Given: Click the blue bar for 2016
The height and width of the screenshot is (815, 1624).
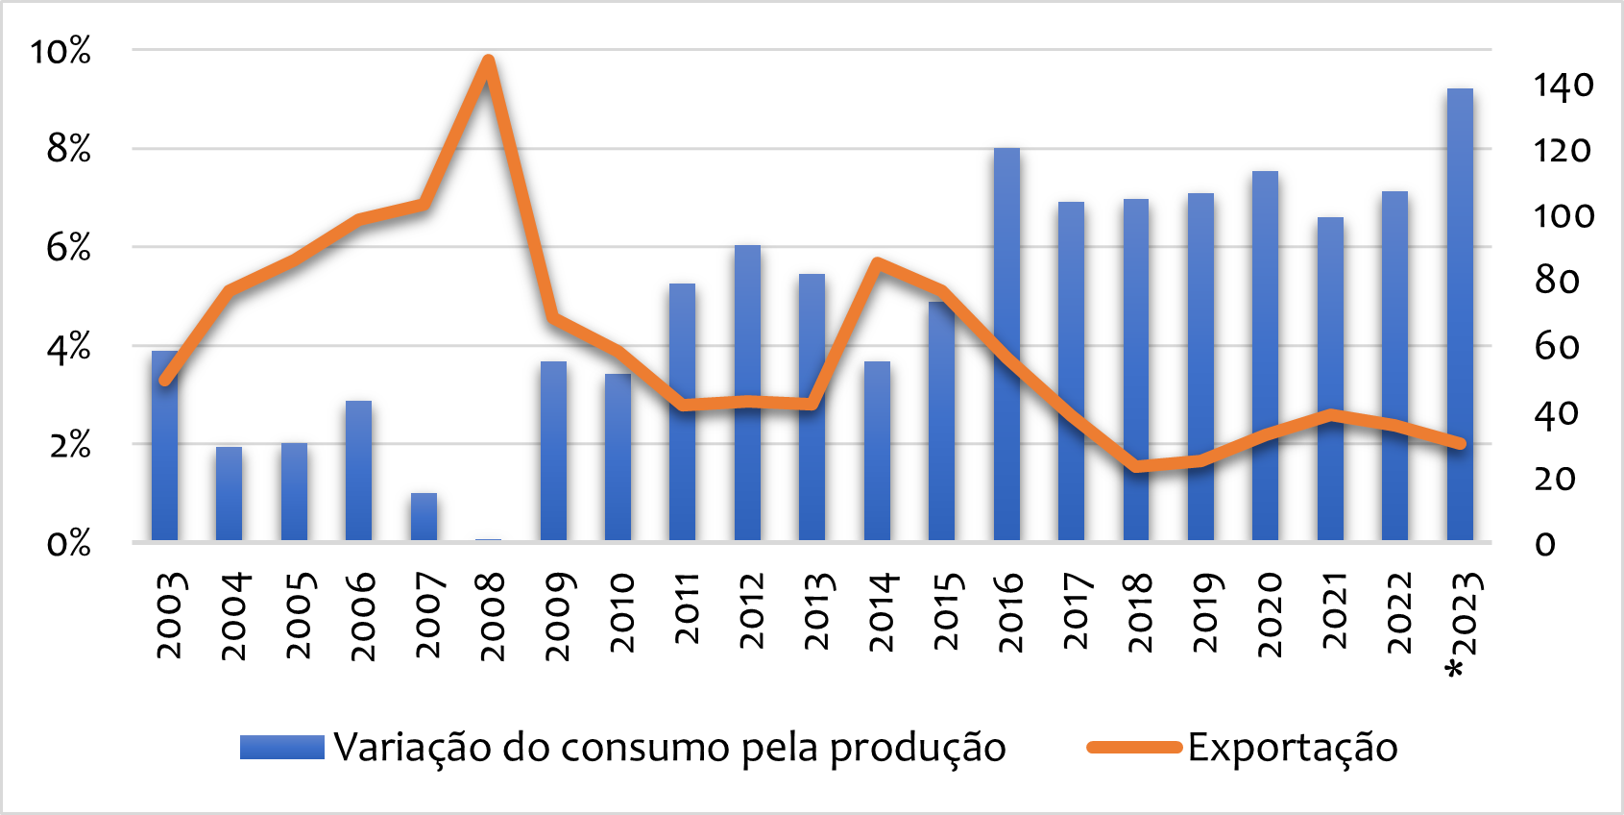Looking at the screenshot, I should (x=1006, y=346).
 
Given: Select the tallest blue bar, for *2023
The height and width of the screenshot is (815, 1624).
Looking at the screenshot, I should (x=1460, y=317).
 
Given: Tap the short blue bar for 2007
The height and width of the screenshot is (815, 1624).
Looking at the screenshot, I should (x=424, y=517).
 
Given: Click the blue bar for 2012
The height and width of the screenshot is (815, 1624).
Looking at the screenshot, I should (x=747, y=394).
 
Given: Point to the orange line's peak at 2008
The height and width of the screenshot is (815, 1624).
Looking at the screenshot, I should (x=488, y=62).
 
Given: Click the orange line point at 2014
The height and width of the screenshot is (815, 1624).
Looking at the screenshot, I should (x=877, y=262).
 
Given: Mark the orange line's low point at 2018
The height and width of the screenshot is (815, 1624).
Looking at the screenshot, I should (x=1136, y=467).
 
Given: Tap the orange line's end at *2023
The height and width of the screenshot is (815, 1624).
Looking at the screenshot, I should (x=1460, y=443).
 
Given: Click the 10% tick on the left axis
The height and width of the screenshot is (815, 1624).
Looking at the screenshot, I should (x=61, y=51).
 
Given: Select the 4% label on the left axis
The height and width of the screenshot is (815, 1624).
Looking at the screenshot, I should (x=68, y=347).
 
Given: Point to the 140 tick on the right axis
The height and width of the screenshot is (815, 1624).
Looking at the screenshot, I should (x=1563, y=86).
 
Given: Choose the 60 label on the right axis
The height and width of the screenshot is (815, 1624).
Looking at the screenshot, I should (x=1556, y=347).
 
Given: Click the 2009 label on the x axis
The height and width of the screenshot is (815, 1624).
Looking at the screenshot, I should (x=559, y=616).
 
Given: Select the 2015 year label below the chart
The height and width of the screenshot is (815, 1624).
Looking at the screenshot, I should (x=947, y=612).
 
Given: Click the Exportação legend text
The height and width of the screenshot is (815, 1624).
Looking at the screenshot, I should (x=1293, y=748).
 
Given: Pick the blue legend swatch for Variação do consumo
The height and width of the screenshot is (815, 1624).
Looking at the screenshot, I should (x=282, y=748).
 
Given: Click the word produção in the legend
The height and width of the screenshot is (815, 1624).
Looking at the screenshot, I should (x=917, y=748).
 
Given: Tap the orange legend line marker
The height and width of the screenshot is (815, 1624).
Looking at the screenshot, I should (x=1133, y=748).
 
